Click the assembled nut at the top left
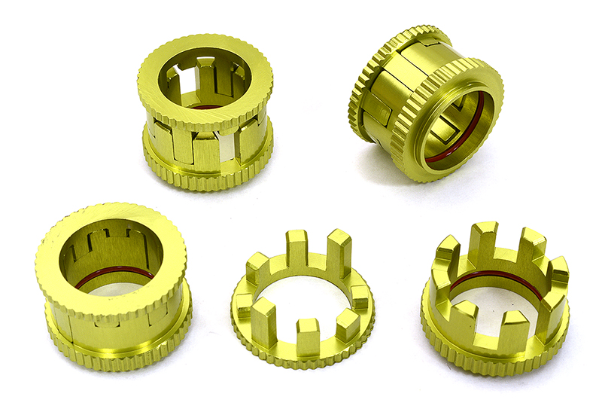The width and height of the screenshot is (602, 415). [x=205, y=113]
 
